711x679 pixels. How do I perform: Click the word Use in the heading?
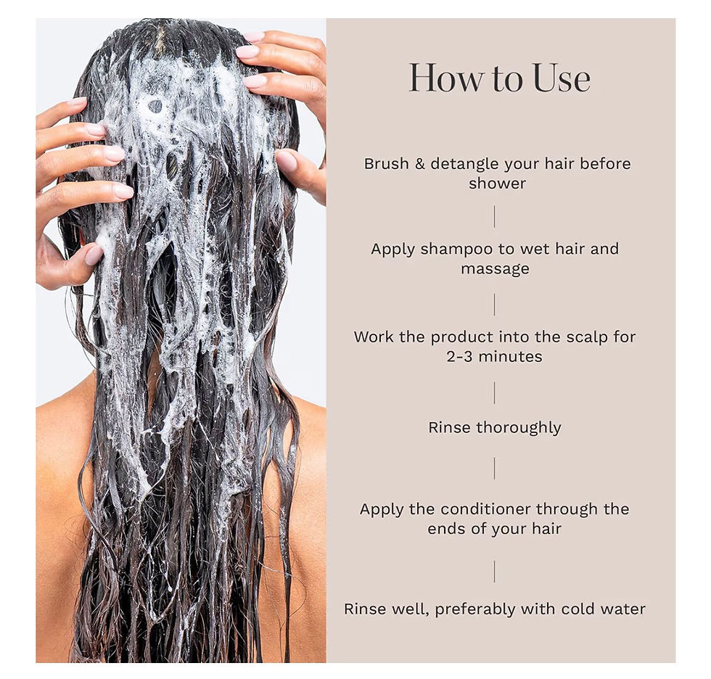pyautogui.click(x=562, y=78)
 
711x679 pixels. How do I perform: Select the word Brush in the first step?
pyautogui.click(x=387, y=163)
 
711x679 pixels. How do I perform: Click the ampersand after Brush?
pyautogui.click(x=420, y=163)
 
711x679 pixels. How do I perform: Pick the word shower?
pyautogui.click(x=497, y=184)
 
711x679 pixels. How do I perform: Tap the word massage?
pyautogui.click(x=495, y=269)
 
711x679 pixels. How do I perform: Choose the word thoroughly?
pyautogui.click(x=518, y=427)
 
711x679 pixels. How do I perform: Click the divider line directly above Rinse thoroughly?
pyautogui.click(x=495, y=392)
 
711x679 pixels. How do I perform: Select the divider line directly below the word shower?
pyautogui.click(x=495, y=216)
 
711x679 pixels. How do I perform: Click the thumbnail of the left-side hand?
pyautogui.click(x=94, y=255)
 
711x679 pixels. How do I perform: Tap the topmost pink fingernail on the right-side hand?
pyautogui.click(x=254, y=36)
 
